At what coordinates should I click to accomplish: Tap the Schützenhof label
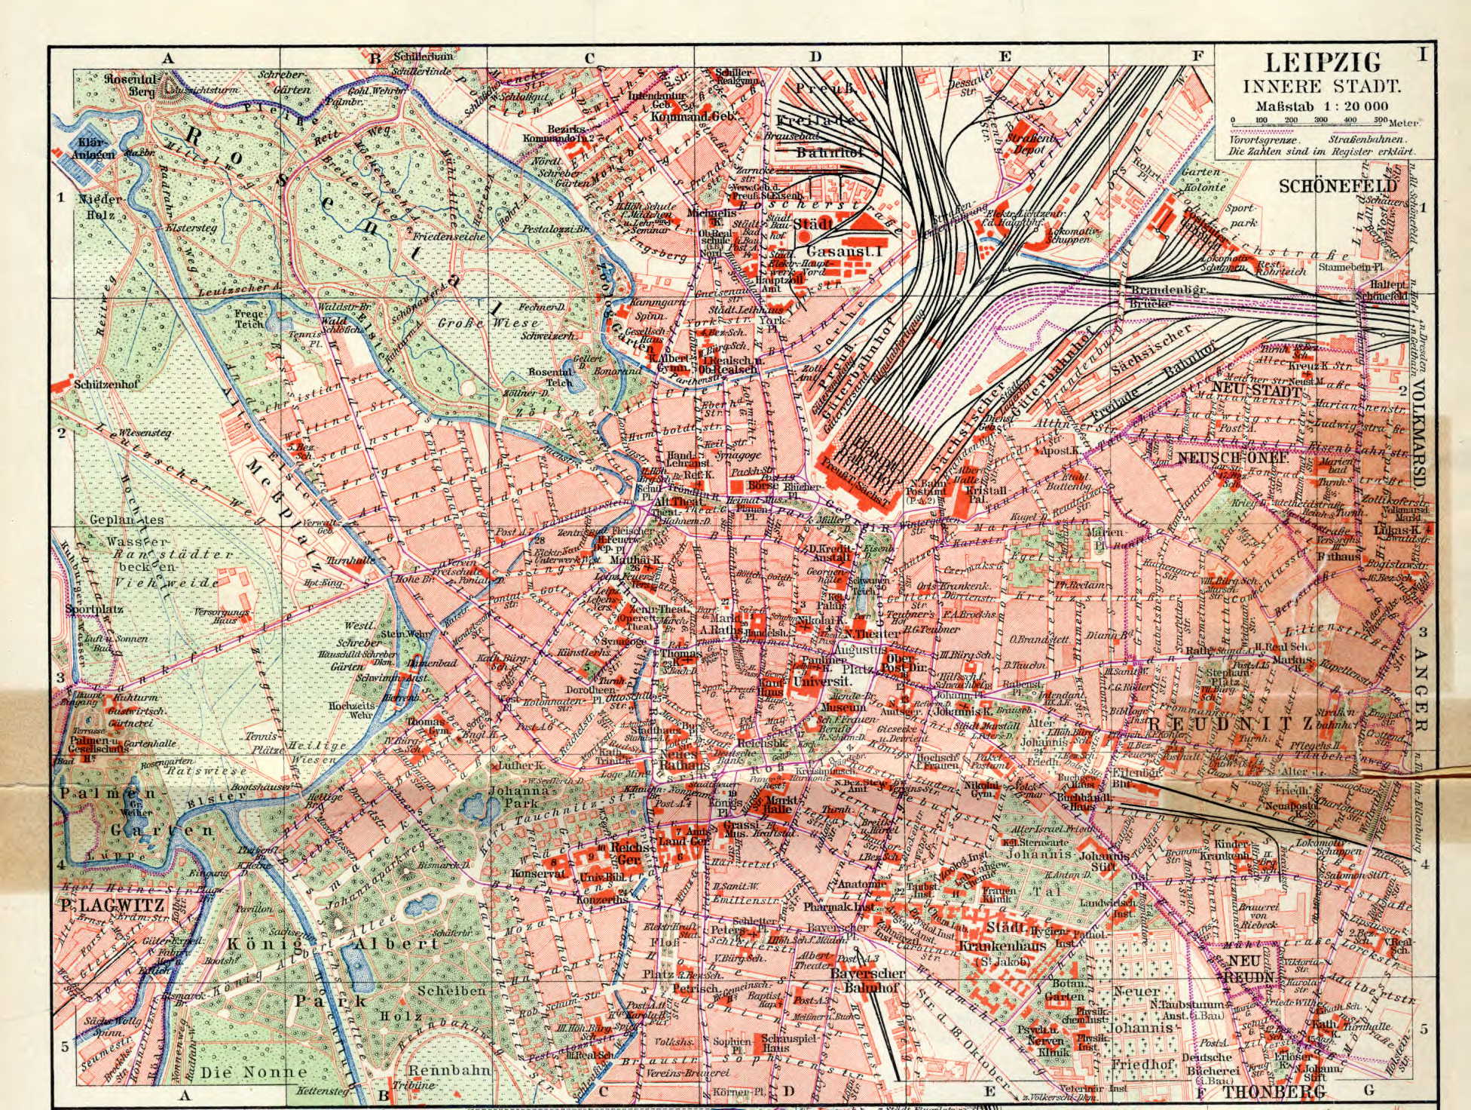click(102, 383)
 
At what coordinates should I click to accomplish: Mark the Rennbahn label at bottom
click(448, 1069)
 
